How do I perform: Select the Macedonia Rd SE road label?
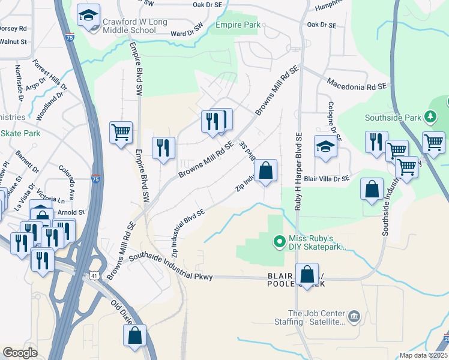357,84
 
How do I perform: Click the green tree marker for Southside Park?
430,116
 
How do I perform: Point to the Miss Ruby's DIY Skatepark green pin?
279,242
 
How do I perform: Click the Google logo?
20,353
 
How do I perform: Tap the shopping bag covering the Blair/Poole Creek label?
307,274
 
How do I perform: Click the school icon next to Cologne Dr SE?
325,146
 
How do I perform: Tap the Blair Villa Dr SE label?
327,179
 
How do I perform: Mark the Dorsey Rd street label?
14,28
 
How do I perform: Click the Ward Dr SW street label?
187,34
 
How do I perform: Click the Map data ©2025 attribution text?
423,355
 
